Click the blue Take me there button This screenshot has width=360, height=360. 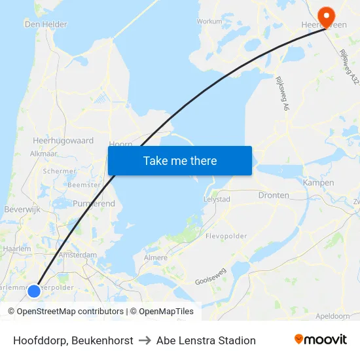(180, 160)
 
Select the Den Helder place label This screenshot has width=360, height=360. (45, 24)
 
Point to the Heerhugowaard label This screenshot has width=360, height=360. (63, 141)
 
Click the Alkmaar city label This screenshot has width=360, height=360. (44, 154)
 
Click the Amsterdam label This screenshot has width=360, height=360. (78, 255)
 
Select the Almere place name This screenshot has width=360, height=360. (156, 258)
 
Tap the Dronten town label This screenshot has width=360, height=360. (274, 195)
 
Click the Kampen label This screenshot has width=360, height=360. (319, 183)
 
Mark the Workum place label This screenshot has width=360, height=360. (209, 21)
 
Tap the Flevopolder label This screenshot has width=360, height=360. (226, 236)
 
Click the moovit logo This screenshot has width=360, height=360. (321, 340)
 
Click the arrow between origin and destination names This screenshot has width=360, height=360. (145, 340)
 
